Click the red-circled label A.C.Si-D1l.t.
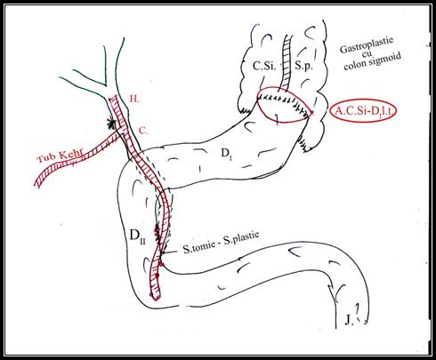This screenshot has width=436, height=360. click(362, 110)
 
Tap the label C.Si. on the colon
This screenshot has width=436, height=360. click(264, 65)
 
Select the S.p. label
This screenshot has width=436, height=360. click(303, 66)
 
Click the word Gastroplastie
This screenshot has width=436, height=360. click(367, 44)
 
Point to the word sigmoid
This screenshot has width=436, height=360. click(385, 60)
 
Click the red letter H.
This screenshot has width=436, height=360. click(134, 99)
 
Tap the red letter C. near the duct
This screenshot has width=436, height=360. click(143, 131)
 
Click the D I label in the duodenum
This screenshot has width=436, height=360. click(226, 154)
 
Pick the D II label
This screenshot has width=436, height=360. click(137, 236)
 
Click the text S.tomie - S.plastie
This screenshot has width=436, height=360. click(221, 243)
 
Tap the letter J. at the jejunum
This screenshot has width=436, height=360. click(349, 320)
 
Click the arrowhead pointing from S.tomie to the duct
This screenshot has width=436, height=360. click(163, 252)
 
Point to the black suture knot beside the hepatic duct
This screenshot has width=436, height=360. click(111, 124)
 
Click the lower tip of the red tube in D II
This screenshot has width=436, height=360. click(157, 299)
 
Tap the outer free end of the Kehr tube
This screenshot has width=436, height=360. click(37, 183)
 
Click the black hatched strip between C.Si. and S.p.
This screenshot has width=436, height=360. click(286, 63)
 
